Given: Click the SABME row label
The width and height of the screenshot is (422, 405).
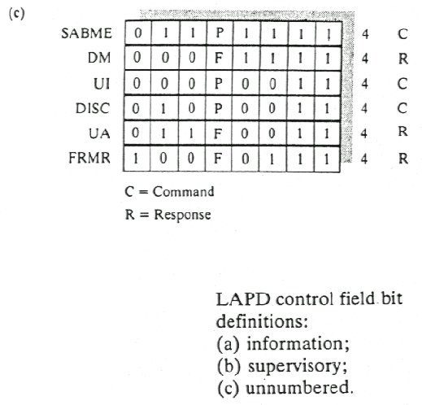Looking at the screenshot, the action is point(86,33).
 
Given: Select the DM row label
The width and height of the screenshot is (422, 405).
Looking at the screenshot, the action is point(99,58).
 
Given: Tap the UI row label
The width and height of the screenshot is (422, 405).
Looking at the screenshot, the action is point(102,84).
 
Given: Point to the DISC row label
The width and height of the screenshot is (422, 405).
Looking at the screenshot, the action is point(93,108).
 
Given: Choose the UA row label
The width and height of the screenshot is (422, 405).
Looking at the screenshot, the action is point(99,133).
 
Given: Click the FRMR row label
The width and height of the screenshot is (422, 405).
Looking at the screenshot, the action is point(89,158).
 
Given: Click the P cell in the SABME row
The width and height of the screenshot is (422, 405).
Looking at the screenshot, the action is point(220,33).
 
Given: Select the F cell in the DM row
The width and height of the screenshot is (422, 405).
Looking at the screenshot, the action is point(219,58).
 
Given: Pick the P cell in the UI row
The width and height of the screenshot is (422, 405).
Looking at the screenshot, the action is point(219,83).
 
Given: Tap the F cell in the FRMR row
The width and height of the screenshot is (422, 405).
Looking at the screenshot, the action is point(218,159).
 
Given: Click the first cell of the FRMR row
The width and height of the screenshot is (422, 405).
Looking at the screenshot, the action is point(137,159).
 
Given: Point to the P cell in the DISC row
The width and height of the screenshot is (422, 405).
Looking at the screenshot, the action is point(218,108).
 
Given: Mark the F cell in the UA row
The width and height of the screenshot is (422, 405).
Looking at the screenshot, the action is point(218,133).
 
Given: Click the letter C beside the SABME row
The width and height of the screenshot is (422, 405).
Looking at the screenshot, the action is point(402,34).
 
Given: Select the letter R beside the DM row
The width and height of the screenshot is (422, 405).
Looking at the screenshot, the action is point(403,59).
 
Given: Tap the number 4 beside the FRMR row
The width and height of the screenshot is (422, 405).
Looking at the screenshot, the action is point(364,159).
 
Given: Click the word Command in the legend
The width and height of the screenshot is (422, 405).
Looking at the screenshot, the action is point(183,192).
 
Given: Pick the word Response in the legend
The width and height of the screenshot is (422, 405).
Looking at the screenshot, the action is point(182,215).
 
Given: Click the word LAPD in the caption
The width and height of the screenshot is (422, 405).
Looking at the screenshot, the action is point(243,299).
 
